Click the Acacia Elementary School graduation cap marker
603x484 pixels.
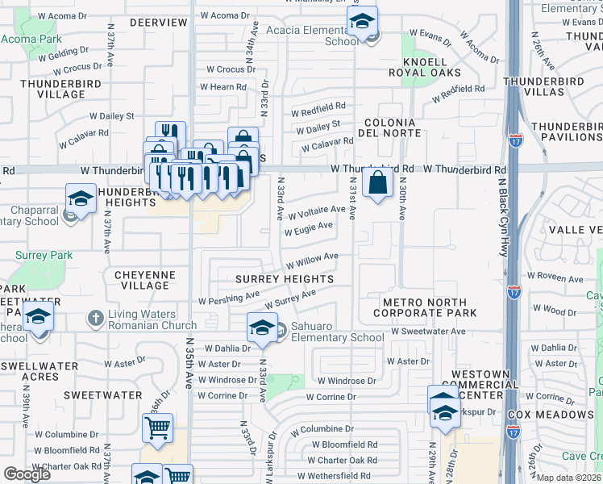(x=364, y=23)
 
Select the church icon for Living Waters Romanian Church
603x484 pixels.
(x=95, y=316)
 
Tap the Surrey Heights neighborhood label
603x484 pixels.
(x=285, y=279)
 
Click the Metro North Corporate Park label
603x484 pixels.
(x=426, y=307)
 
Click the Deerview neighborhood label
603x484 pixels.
(x=158, y=23)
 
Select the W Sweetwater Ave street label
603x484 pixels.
(x=428, y=331)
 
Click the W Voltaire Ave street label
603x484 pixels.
(x=317, y=211)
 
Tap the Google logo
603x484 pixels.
(x=27, y=474)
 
